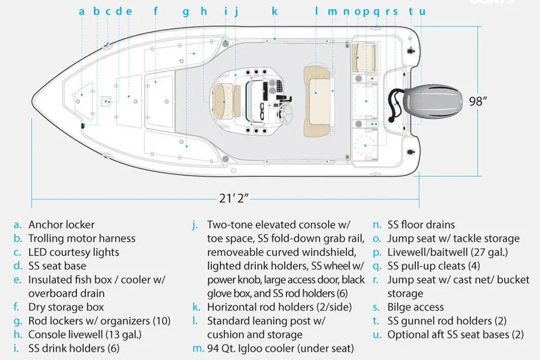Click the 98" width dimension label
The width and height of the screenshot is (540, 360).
479,101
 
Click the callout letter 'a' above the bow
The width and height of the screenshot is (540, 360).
82,11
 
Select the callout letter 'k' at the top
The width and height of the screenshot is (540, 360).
275,11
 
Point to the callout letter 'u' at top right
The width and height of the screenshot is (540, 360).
423,11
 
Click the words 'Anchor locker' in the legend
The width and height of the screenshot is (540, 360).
61,225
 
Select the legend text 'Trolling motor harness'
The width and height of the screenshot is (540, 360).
82,238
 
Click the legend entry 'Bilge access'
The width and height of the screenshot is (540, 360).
416,307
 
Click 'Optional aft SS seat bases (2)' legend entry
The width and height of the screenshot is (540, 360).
456,334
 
